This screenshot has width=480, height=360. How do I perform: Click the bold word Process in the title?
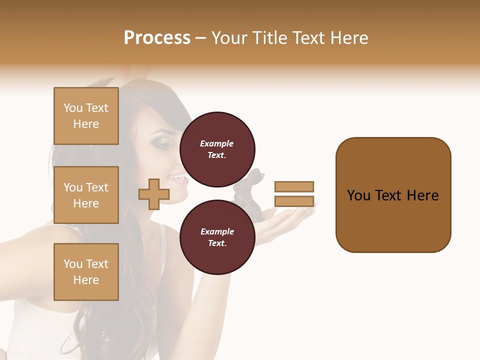click(157, 38)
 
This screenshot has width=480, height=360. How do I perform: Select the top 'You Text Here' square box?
click(86, 116)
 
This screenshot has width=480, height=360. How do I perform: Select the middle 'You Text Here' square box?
click(86, 195)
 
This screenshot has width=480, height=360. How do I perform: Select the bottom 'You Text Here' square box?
click(86, 271)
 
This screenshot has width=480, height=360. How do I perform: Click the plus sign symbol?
click(154, 194)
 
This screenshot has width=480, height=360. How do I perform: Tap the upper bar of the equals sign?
click(294, 187)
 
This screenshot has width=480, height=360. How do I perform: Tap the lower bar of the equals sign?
click(294, 201)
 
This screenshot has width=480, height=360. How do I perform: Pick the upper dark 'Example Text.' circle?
click(217, 149)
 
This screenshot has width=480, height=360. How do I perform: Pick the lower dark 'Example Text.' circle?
click(217, 237)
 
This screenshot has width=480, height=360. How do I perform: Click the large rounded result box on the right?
click(393, 195)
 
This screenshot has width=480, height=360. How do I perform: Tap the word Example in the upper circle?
click(217, 143)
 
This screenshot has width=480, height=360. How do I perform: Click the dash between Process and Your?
click(201, 38)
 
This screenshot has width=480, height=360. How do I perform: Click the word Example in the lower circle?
click(217, 231)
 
